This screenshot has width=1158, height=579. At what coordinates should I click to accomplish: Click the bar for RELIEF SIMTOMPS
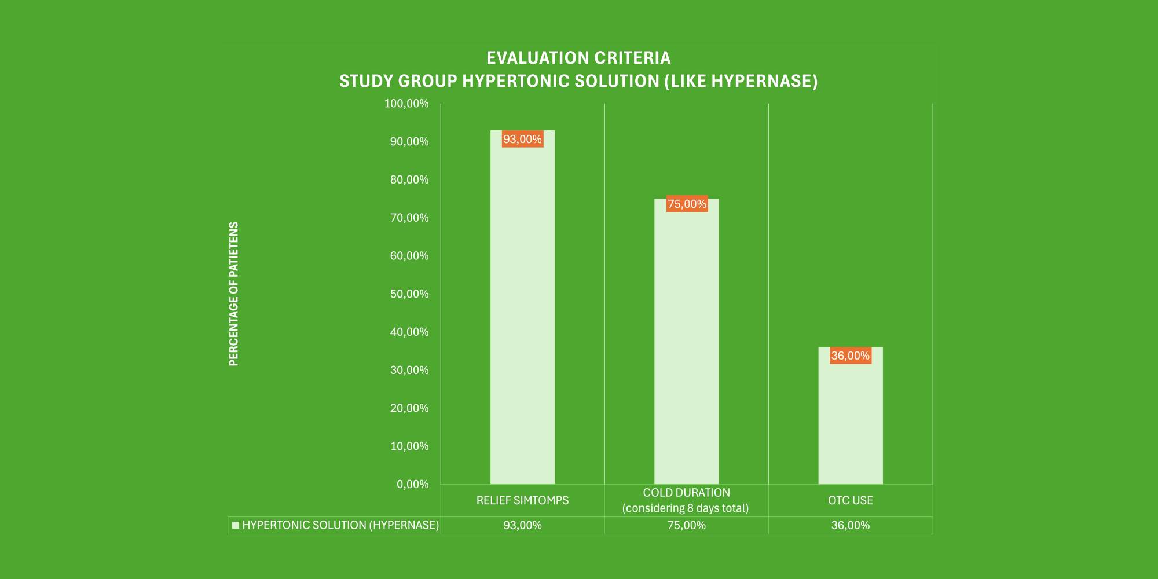522,313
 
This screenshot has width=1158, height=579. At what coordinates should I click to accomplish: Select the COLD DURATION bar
686,347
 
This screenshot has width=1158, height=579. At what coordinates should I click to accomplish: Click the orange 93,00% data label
522,140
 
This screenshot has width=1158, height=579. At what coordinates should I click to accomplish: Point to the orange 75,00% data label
687,204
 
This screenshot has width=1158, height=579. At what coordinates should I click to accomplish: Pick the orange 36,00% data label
850,356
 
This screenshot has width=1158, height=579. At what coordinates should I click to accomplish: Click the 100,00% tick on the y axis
406,104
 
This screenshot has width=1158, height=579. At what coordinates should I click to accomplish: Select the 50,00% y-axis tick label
409,294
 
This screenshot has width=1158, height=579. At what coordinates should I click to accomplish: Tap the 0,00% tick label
412,484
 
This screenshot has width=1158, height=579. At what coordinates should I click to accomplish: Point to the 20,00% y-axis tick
409,408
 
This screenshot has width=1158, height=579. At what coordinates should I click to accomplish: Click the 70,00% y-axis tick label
409,218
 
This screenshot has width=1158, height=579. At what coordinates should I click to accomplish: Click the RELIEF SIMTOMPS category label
522,500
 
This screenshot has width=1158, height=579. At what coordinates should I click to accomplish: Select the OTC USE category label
850,500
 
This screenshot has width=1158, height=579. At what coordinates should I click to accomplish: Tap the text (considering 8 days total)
686,508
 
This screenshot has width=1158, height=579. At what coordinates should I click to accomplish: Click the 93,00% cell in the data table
522,525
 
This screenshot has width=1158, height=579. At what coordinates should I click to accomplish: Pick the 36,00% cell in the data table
850,525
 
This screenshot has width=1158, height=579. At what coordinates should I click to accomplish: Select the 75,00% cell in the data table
686,525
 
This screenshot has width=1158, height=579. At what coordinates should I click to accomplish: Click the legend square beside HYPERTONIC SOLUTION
236,525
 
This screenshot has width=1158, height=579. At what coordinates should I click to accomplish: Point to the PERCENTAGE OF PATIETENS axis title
234,294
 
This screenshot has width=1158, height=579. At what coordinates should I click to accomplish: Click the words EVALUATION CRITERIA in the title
578,58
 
